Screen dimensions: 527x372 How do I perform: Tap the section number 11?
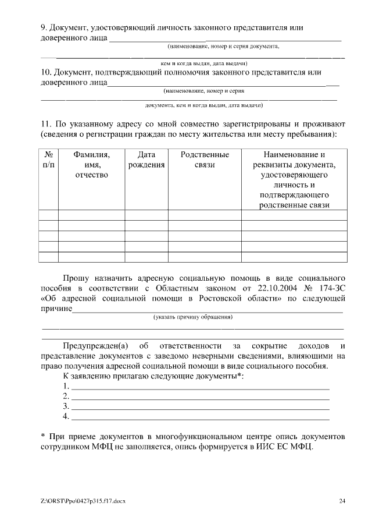(46, 124)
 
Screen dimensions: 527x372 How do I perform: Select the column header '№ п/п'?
(49, 160)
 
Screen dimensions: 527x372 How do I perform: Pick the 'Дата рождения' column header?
(146, 160)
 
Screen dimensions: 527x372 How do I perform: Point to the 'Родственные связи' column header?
(205, 160)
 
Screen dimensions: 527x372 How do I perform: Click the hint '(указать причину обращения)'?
(193, 317)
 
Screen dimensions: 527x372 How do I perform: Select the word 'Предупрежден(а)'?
(95, 346)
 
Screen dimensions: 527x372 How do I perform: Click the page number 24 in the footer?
(342, 501)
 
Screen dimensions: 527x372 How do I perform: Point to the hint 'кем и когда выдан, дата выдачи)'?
(205, 63)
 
